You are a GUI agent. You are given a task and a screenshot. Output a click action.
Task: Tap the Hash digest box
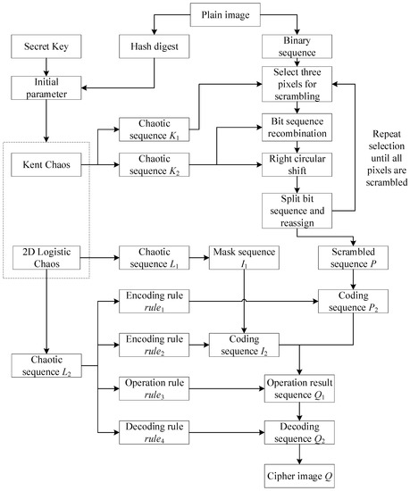(x=151, y=43)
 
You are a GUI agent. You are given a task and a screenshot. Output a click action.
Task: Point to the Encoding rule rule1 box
(x=151, y=301)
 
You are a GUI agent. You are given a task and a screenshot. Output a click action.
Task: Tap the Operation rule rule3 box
(x=151, y=388)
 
